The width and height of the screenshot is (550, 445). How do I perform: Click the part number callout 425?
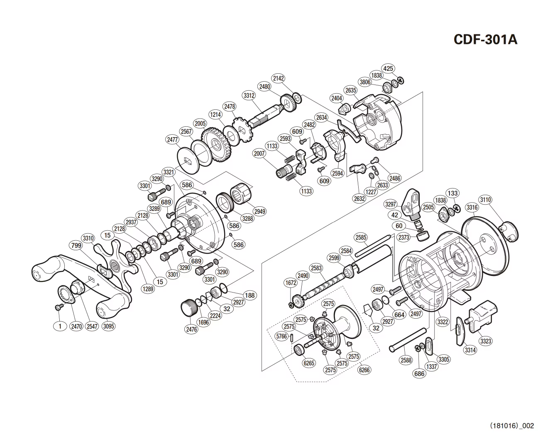point(388,68)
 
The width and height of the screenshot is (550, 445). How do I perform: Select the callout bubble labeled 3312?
point(249,96)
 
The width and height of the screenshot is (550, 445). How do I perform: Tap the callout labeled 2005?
point(200,124)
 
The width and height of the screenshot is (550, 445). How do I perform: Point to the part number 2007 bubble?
point(259,153)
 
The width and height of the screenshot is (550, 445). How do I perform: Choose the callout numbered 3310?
point(88,238)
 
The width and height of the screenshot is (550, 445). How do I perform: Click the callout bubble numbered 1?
point(60,326)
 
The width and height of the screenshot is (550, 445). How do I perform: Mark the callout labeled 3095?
point(108,326)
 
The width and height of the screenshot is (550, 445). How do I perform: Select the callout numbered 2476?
point(191,330)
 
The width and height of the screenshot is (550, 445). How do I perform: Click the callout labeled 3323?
point(485,341)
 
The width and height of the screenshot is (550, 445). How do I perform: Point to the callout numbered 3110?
point(485,200)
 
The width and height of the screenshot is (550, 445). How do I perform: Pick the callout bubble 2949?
point(260,211)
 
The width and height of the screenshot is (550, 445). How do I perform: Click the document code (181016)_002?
point(512,426)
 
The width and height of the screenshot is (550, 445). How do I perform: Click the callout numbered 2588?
point(406,360)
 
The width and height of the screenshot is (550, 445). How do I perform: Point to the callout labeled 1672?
point(291,283)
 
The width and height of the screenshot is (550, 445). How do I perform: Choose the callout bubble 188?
point(249,295)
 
